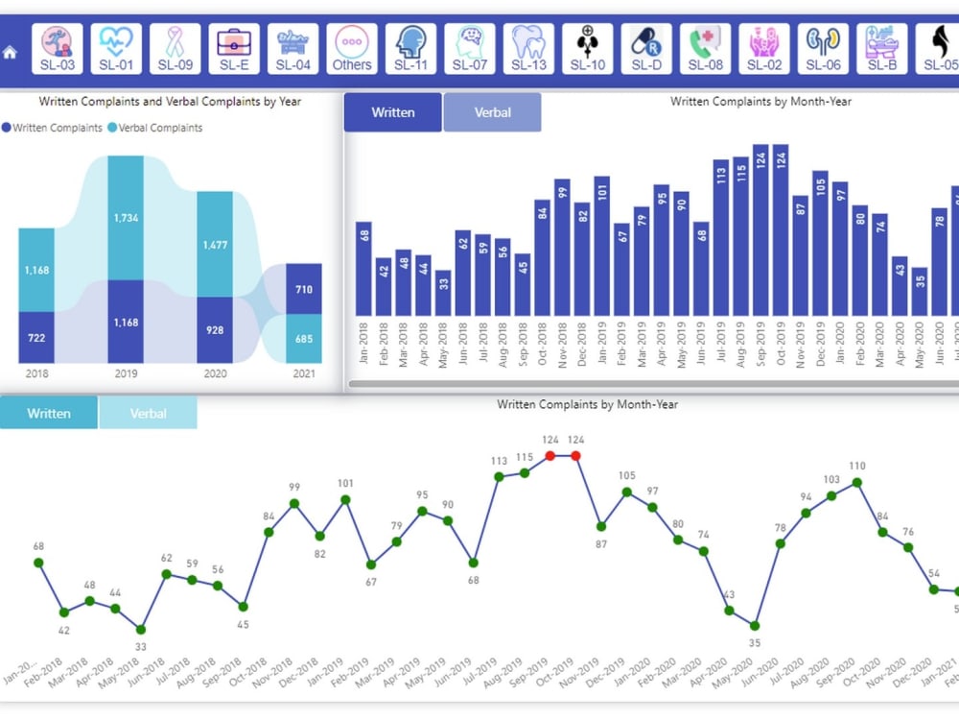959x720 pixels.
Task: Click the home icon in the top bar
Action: [x=11, y=53]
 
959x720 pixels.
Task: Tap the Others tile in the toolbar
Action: [x=352, y=48]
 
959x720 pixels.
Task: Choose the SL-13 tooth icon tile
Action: [x=528, y=48]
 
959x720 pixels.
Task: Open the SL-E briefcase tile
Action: [x=235, y=48]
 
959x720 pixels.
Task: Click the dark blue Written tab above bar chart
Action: [x=393, y=112]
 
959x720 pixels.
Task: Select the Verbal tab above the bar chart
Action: [x=492, y=112]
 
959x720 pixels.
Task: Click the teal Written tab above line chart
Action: [x=49, y=414]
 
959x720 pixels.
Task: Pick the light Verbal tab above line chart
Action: [x=149, y=414]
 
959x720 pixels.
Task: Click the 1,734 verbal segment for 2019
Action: [x=126, y=218]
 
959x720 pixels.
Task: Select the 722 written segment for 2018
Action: [x=36, y=338]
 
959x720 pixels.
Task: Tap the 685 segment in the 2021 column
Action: [x=304, y=339]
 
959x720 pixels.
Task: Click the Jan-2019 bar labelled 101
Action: [x=602, y=247]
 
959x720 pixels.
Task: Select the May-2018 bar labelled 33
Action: [x=442, y=293]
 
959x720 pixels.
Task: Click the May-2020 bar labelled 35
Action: [x=919, y=292]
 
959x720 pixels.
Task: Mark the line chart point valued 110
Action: [x=857, y=482]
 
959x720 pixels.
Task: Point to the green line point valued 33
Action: [x=141, y=630]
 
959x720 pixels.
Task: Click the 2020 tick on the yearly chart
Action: [x=215, y=373]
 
